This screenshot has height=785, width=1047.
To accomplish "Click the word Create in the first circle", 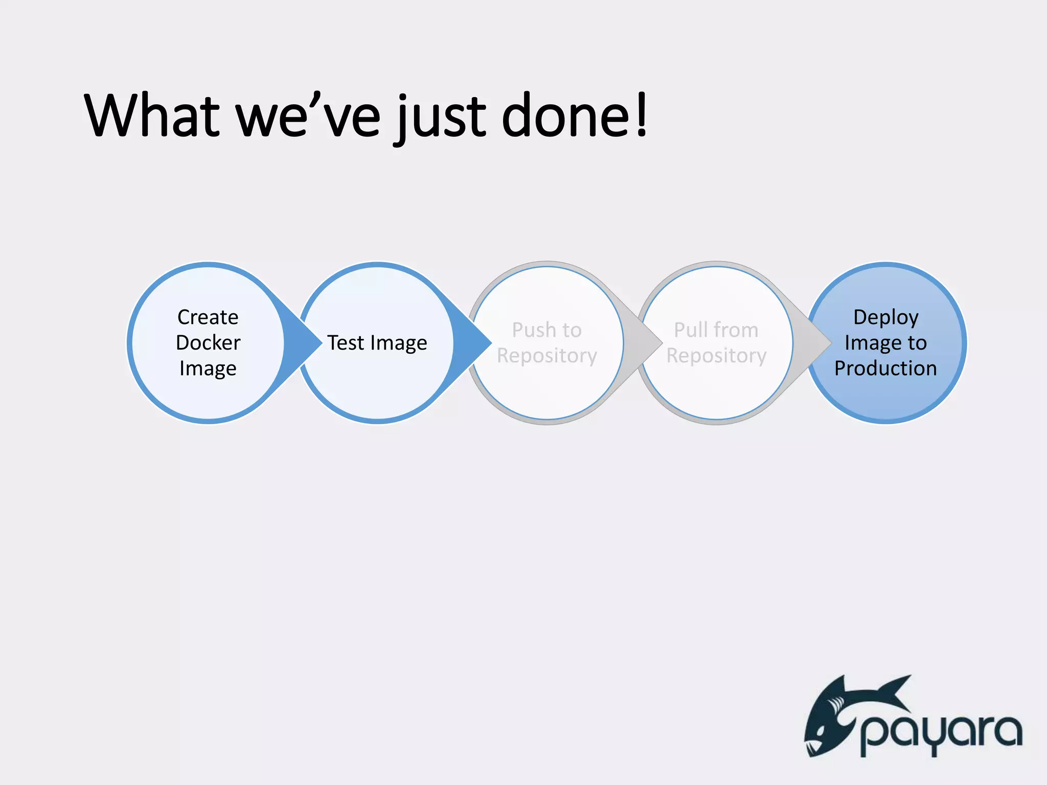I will [x=208, y=317].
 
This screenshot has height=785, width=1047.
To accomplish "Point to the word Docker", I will [x=208, y=343].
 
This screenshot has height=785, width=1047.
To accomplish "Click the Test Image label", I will [x=377, y=343].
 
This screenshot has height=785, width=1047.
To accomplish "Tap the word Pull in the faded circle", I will [x=690, y=330].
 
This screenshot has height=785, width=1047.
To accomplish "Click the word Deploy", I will [x=885, y=317].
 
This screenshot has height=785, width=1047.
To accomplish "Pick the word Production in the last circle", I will [x=885, y=368].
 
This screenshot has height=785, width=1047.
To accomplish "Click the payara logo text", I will [x=941, y=734].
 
